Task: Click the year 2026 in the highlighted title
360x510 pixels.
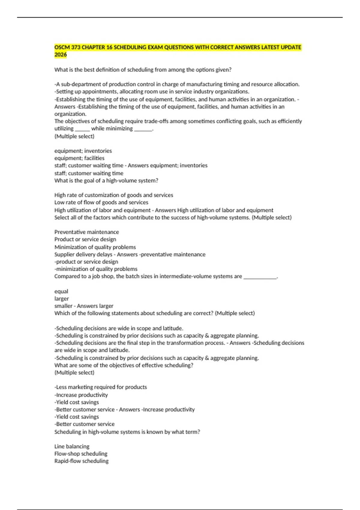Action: click(x=61, y=55)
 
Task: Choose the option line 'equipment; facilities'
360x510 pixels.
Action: click(x=79, y=158)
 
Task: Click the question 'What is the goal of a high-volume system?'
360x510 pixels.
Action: click(x=106, y=181)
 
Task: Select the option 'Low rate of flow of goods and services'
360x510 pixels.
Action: click(x=101, y=202)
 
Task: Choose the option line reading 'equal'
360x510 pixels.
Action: click(x=61, y=291)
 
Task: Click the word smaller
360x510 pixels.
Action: click(x=63, y=306)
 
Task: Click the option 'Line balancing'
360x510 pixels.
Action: click(x=72, y=446)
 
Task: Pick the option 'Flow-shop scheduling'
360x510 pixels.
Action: click(x=81, y=454)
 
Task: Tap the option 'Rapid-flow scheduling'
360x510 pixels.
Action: click(x=81, y=461)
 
